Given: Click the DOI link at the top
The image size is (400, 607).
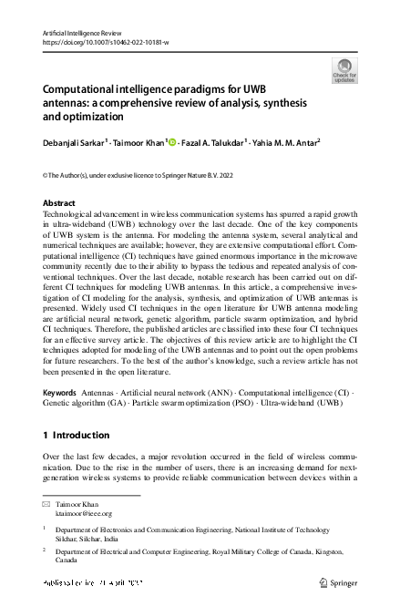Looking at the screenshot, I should pos(105,41).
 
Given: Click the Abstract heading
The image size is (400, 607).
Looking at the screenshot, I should pos(60,203).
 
